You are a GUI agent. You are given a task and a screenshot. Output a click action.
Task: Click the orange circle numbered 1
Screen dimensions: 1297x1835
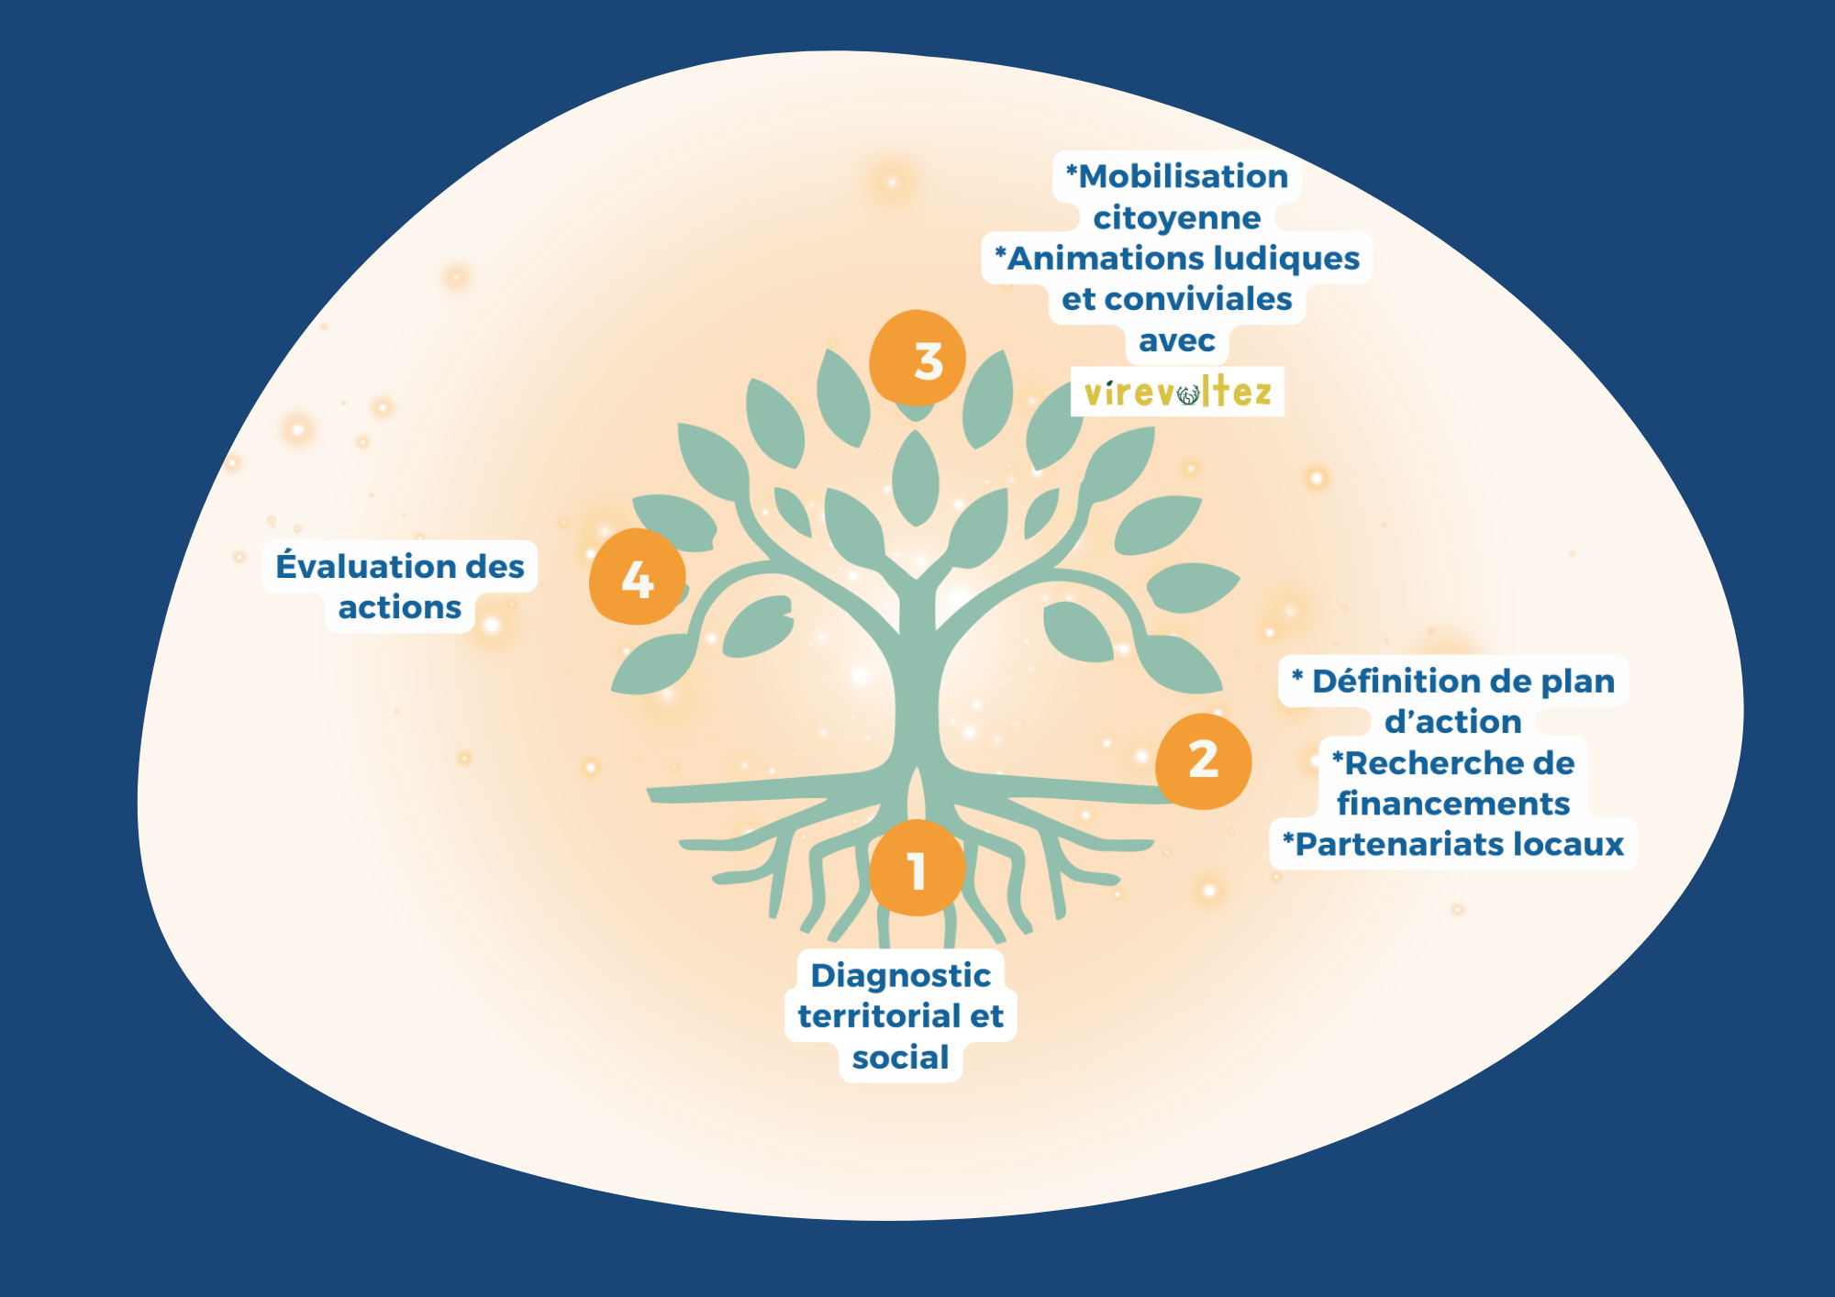click(x=917, y=869)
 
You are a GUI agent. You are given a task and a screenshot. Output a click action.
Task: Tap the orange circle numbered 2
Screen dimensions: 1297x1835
click(x=1203, y=760)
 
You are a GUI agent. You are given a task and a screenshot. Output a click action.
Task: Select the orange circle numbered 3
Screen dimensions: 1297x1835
click(x=917, y=359)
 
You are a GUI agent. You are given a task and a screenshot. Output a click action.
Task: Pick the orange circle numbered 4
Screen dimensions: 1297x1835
click(x=637, y=577)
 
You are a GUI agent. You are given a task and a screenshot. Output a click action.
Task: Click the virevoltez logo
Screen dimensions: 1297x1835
click(x=1177, y=393)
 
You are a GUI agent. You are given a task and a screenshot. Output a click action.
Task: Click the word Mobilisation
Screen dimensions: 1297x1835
click(x=1183, y=176)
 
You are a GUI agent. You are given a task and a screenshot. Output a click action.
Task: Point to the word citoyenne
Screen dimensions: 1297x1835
click(x=1177, y=217)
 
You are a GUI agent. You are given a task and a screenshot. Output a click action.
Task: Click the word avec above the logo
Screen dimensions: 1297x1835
click(x=1177, y=340)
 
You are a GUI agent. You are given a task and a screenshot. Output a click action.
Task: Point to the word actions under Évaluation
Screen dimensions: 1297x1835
click(x=400, y=607)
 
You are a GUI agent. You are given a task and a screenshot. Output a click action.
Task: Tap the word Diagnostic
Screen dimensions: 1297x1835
click(x=901, y=975)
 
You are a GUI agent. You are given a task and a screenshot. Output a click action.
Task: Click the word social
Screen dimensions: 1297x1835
click(x=901, y=1058)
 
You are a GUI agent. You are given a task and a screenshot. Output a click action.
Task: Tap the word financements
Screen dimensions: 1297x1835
click(x=1453, y=804)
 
